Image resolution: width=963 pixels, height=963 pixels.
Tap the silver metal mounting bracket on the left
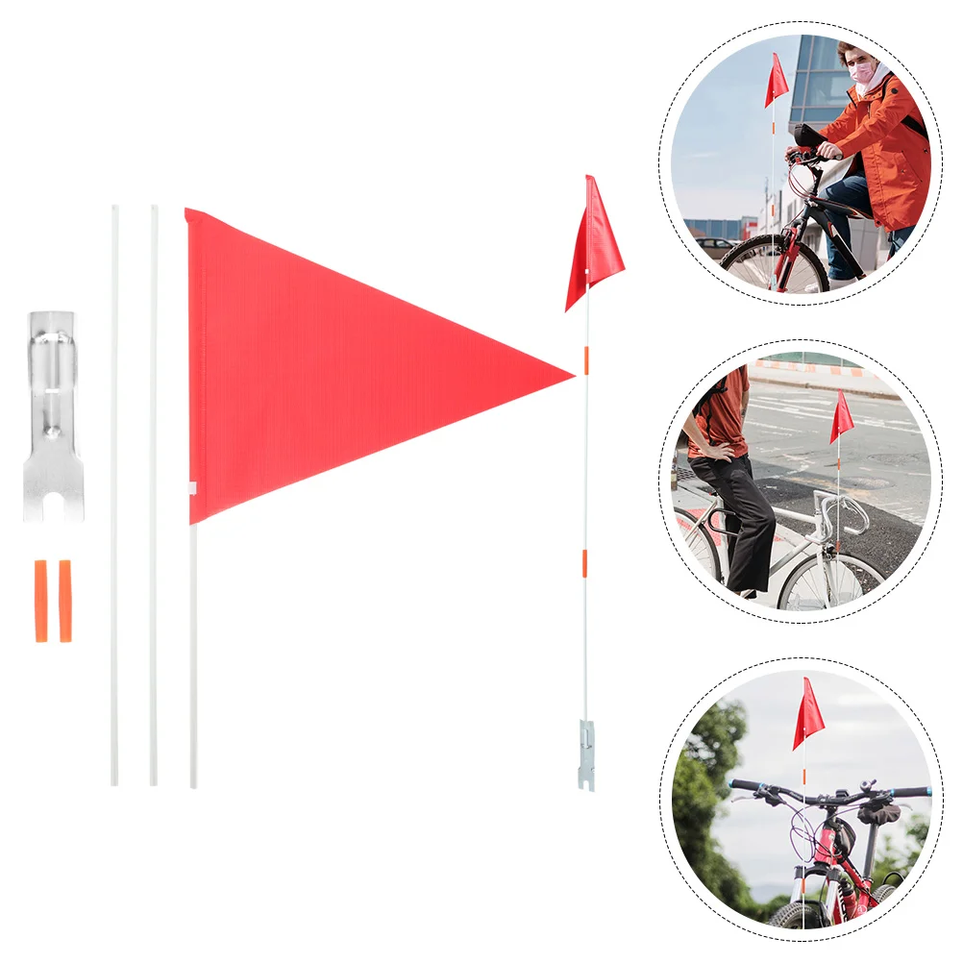click(52, 413)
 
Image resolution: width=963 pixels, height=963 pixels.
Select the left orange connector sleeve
click(40, 600)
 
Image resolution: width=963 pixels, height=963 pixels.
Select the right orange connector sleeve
click(65, 600)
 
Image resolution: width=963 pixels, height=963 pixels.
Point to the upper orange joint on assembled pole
click(586, 359)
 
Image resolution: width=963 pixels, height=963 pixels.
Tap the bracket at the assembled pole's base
click(586, 753)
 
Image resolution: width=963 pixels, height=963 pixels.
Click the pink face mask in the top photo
click(861, 72)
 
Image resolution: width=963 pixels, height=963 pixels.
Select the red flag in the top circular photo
click(776, 81)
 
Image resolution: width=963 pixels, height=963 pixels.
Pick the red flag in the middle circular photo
click(841, 418)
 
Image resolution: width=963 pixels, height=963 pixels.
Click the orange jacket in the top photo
click(884, 144)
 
